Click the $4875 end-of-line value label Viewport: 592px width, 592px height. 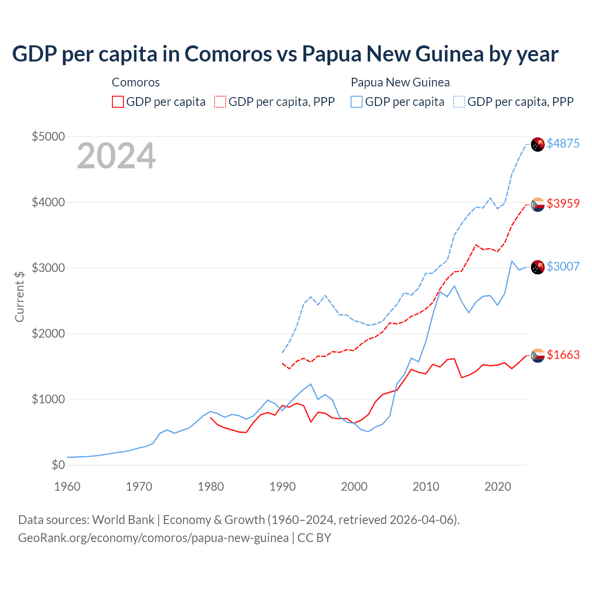click(563, 143)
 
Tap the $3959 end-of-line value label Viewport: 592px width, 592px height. click(563, 203)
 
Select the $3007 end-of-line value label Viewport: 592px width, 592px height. click(563, 266)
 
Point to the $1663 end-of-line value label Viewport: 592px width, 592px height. click(563, 355)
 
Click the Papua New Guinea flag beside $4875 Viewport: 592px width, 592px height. click(537, 144)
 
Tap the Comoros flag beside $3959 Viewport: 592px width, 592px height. click(537, 204)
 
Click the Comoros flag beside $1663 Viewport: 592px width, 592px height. click(537, 355)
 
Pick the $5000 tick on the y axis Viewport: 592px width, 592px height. click(48, 136)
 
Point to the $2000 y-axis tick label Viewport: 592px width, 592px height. click(48, 333)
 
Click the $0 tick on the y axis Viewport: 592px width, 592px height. click(58, 465)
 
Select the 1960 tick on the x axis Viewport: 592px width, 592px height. click(67, 487)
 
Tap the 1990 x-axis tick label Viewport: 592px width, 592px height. click(282, 487)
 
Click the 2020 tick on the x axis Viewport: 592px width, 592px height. click(498, 487)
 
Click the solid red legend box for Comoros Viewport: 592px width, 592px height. click(118, 102)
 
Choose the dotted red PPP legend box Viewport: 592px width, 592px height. click(220, 102)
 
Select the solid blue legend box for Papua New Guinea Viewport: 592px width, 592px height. click(357, 102)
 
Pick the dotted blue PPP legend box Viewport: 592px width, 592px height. click(459, 102)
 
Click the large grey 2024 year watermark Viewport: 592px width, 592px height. click(116, 156)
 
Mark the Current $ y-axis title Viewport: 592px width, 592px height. click(19, 296)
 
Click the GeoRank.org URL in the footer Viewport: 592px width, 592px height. click(153, 538)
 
